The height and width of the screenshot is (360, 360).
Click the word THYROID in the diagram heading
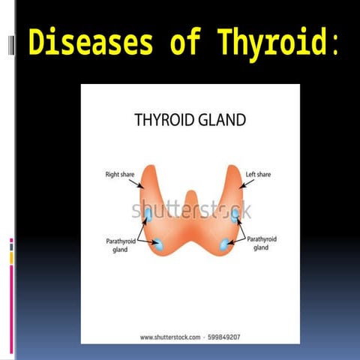click(165, 119)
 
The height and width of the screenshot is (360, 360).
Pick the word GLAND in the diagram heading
click(222, 119)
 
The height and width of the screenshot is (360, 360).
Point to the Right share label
click(119, 174)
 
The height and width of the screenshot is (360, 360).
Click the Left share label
click(258, 174)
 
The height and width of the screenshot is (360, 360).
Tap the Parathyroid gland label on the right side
click(262, 242)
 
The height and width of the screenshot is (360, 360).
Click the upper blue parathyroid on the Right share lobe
click(148, 215)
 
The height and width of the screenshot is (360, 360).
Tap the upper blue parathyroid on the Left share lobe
click(235, 214)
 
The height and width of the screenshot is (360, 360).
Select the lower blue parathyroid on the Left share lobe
click(224, 243)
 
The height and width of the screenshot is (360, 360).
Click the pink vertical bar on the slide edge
click(11, 307)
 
